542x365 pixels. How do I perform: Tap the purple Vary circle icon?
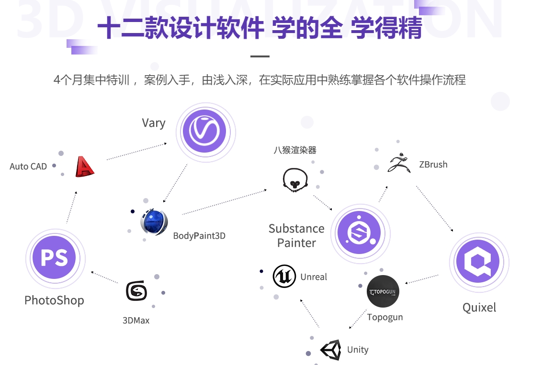pos(205,132)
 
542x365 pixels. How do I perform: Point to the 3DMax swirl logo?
pos(136,291)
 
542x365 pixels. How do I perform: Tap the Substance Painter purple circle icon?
pos(359,233)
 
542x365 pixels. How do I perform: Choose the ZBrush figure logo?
pos(399,164)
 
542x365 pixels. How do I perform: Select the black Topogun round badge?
pos(383,291)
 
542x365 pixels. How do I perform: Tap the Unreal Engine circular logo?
pos(284,277)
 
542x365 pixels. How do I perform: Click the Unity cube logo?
pos(330,350)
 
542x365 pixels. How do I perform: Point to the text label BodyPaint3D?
pos(199,236)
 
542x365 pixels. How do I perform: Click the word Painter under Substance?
pos(296,243)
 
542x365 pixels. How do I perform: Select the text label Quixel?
pos(479,308)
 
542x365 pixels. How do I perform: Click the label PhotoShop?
pos(54,300)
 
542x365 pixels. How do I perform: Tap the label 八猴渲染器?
pos(295,150)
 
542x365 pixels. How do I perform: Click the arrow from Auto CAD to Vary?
pos(136,151)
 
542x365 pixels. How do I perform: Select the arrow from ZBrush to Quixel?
pos(435,209)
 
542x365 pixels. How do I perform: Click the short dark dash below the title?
pos(260,56)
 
